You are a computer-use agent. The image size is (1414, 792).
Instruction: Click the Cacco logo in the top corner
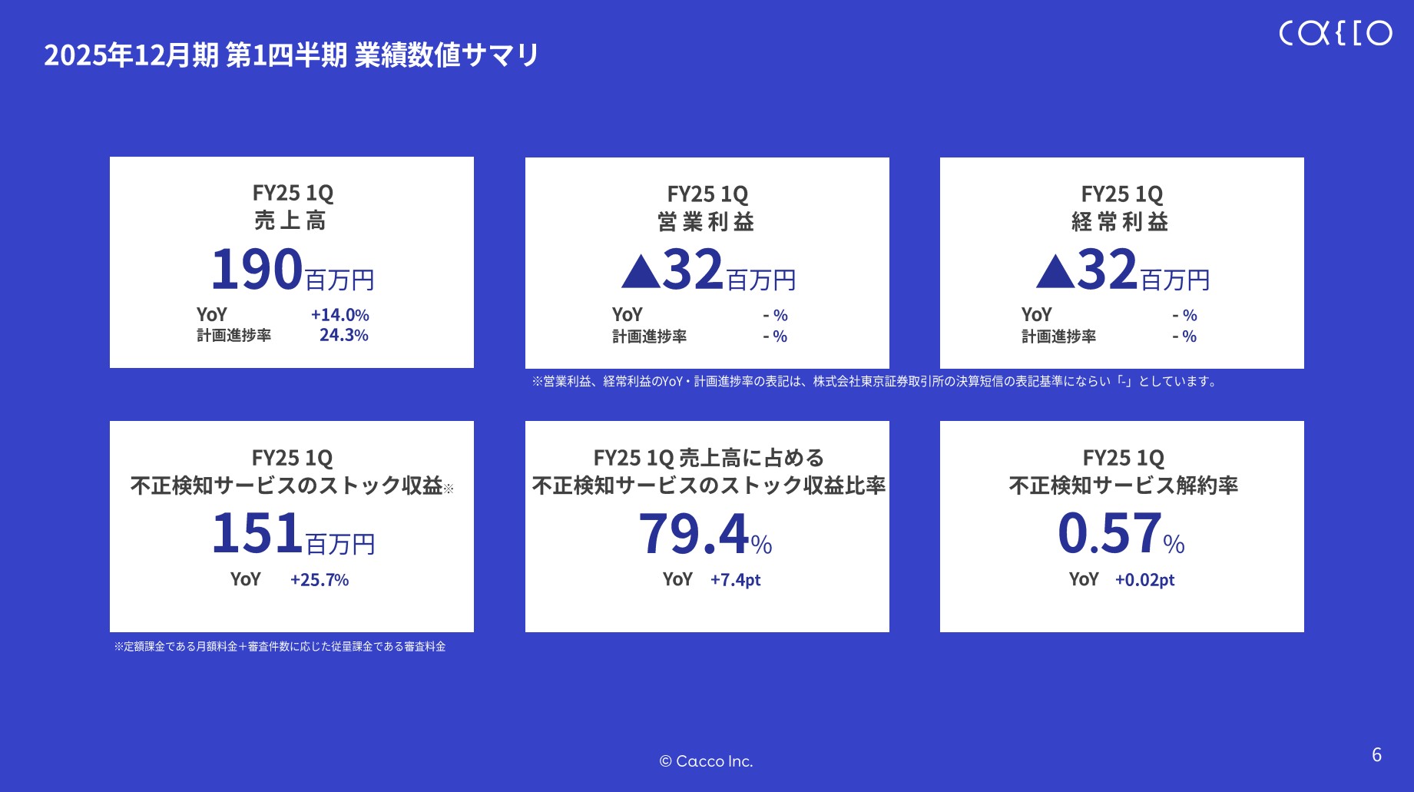pyautogui.click(x=1335, y=33)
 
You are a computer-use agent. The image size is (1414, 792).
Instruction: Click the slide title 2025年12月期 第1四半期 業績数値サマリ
pyautogui.click(x=291, y=55)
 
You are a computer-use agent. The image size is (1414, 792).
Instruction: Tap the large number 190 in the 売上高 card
pyautogui.click(x=257, y=270)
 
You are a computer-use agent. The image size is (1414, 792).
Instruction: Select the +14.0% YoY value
pyautogui.click(x=339, y=315)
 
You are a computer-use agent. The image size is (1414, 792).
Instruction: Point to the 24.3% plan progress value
pyautogui.click(x=343, y=335)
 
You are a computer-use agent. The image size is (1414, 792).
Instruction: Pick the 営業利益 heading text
pyautogui.click(x=706, y=222)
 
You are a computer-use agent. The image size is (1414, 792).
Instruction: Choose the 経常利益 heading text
pyautogui.click(x=1121, y=222)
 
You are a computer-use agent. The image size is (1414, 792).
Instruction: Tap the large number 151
pyautogui.click(x=257, y=533)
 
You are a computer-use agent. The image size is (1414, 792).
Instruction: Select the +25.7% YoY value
pyautogui.click(x=320, y=580)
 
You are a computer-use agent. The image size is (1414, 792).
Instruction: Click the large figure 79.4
pyautogui.click(x=694, y=533)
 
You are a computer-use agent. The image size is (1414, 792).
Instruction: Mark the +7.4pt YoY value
pyautogui.click(x=735, y=580)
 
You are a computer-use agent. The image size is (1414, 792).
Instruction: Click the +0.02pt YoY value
pyautogui.click(x=1144, y=580)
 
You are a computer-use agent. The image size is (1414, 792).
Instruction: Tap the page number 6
pyautogui.click(x=1376, y=754)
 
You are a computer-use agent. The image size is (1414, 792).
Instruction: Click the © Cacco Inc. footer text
pyautogui.click(x=706, y=761)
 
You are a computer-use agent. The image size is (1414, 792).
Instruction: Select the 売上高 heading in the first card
pyautogui.click(x=290, y=221)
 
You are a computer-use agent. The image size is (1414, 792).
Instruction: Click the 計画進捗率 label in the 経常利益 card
pyautogui.click(x=1058, y=336)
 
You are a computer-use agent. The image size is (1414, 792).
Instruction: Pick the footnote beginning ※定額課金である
pyautogui.click(x=280, y=647)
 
